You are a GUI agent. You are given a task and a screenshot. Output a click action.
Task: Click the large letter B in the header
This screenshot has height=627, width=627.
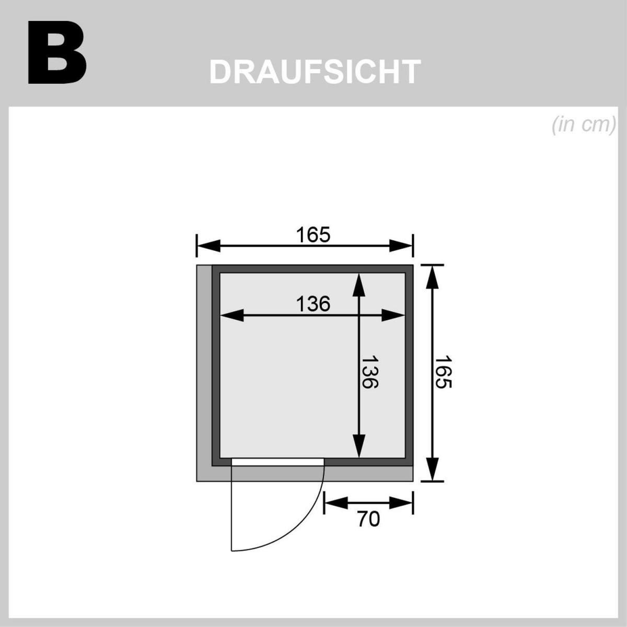pyautogui.click(x=56, y=53)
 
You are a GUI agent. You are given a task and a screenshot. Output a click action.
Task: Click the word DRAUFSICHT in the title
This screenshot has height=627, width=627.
pyautogui.click(x=315, y=72)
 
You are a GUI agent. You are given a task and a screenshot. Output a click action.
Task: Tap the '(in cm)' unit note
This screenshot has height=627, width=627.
pyautogui.click(x=583, y=126)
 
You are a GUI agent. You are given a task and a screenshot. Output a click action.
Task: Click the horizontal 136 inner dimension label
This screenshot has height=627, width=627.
pyautogui.click(x=313, y=304)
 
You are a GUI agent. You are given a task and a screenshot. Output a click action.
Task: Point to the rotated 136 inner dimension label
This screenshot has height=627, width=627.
pyautogui.click(x=370, y=372)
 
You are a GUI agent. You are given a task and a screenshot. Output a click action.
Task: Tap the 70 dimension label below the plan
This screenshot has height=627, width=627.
pyautogui.click(x=368, y=519)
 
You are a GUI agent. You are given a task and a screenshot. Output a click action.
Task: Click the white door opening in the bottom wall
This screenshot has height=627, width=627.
pyautogui.click(x=277, y=461)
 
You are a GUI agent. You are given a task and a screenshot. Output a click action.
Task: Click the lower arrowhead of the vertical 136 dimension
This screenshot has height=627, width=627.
pyautogui.click(x=358, y=447)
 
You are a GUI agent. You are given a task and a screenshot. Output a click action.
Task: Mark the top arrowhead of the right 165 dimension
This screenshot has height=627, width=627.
pyautogui.click(x=432, y=276)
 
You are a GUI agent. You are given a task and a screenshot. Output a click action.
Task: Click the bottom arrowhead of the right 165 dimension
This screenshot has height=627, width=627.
pyautogui.click(x=432, y=469)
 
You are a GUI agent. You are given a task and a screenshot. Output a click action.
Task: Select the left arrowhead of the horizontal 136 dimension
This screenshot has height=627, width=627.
pyautogui.click(x=233, y=315)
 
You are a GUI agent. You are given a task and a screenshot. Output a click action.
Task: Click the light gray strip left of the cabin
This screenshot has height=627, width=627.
pyautogui.click(x=204, y=366)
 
